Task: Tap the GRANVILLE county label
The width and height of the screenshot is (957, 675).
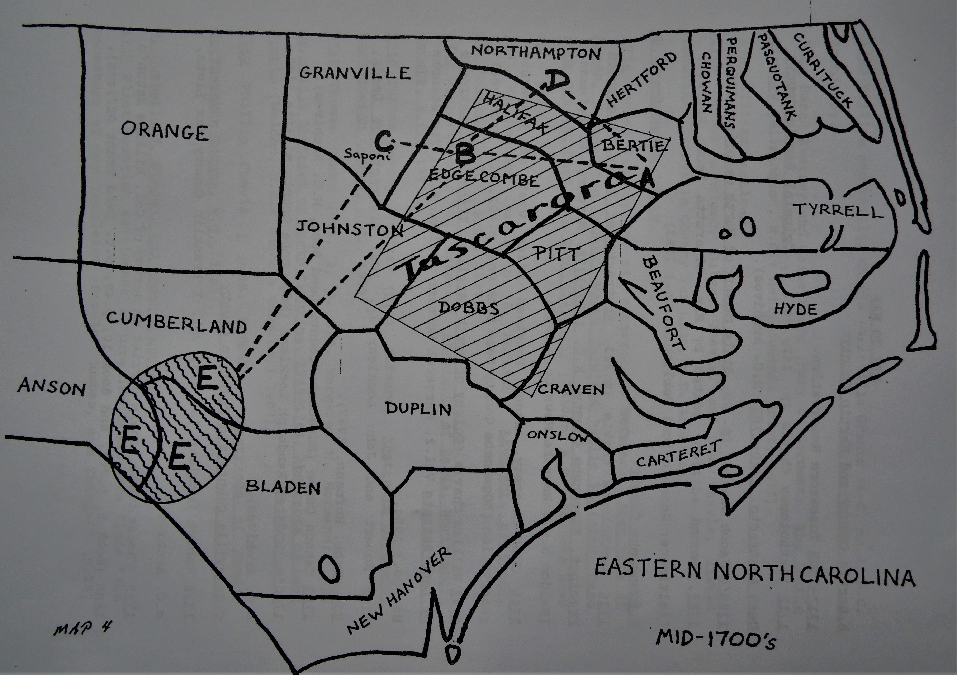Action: [355, 73]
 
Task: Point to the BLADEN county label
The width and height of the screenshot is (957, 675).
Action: [283, 487]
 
